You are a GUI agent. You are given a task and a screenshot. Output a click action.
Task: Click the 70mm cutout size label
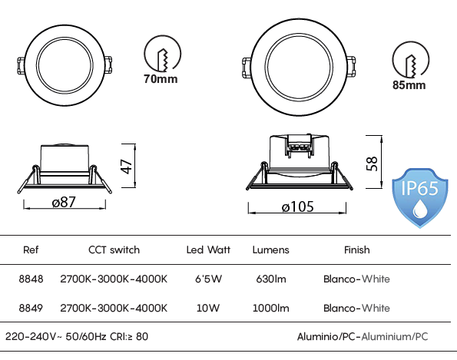(161, 79)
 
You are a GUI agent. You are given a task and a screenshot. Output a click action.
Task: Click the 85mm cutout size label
(409, 85)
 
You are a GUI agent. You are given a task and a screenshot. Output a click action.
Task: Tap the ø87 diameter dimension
(64, 202)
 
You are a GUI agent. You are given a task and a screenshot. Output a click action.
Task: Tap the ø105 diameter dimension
(297, 206)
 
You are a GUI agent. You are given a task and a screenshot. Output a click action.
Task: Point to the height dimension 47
(127, 167)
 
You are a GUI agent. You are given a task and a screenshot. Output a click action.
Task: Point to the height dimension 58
(372, 163)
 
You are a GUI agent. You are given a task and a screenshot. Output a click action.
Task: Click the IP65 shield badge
(419, 198)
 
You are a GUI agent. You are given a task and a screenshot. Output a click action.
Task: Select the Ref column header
(31, 249)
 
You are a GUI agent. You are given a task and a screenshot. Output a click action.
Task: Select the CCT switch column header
(114, 249)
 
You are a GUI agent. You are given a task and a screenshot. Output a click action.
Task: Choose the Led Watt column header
(208, 249)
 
